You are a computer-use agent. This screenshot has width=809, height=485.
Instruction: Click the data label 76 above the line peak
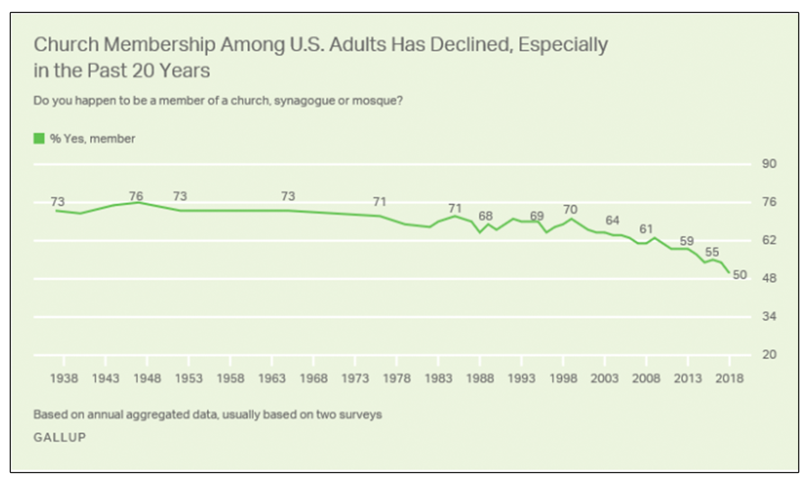[x=136, y=196]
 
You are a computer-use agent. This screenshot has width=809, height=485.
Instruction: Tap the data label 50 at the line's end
[x=740, y=275]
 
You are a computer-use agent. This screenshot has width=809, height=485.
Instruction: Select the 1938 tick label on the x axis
[x=64, y=379]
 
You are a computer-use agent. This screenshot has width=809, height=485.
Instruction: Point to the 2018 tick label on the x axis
[x=729, y=379]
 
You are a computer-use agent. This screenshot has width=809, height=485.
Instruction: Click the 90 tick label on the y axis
[x=769, y=164]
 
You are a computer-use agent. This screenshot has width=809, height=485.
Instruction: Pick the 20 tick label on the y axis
[x=769, y=355]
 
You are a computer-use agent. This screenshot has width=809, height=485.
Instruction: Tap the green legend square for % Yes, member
[x=39, y=138]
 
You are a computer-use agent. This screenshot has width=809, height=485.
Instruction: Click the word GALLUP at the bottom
[x=60, y=437]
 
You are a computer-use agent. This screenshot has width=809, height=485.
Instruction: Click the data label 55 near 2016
[x=712, y=252]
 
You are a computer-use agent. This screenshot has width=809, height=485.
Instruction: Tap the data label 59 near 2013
[x=687, y=241]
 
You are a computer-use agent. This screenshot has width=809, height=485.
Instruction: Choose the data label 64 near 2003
[x=612, y=221]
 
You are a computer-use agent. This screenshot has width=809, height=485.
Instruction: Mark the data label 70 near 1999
[x=571, y=209]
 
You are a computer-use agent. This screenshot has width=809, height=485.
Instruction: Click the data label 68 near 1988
[x=486, y=216]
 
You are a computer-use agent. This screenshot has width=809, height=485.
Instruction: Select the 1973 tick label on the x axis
[x=355, y=379]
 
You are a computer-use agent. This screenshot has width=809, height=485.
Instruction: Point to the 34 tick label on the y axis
[x=769, y=316]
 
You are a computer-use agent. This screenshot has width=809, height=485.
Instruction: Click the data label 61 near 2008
[x=646, y=229]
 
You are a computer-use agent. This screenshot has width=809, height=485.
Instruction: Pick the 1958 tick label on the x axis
[x=231, y=379]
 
